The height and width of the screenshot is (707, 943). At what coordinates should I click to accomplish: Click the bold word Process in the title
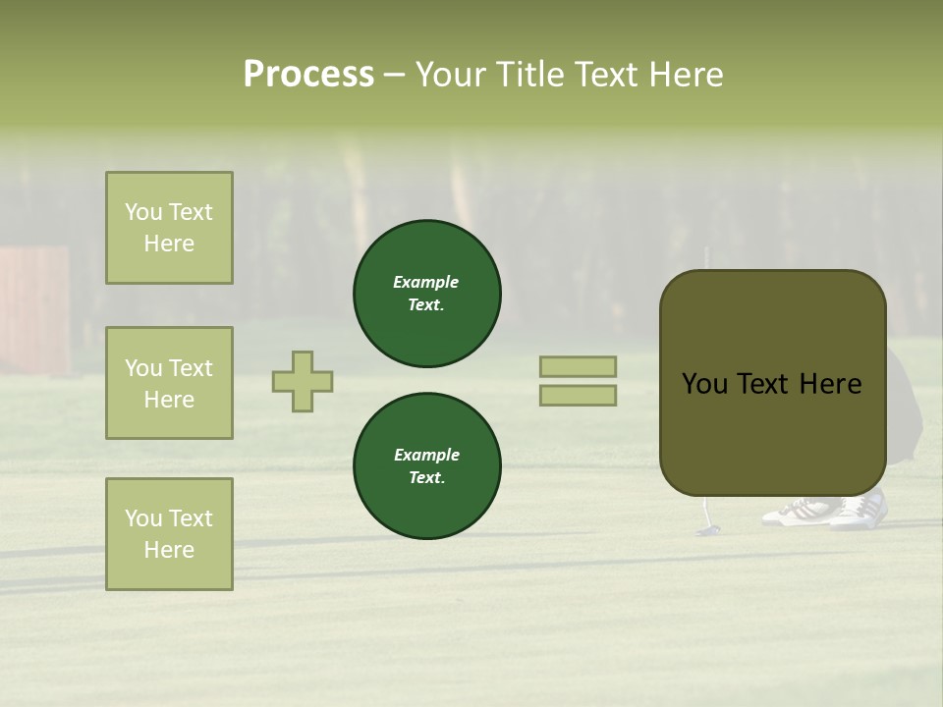(308, 75)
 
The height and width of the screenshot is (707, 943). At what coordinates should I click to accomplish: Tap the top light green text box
(169, 228)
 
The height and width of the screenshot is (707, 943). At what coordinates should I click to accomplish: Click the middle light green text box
(169, 383)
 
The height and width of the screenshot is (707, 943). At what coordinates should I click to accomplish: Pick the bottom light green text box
(169, 534)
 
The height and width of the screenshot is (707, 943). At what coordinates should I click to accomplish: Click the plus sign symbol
(303, 381)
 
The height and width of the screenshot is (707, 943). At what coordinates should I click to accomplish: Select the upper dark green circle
(427, 294)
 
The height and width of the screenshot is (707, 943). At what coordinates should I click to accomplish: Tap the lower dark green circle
(427, 466)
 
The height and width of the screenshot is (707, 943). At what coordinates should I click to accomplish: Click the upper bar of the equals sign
(578, 366)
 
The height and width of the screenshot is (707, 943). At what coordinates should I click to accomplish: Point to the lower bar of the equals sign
(578, 396)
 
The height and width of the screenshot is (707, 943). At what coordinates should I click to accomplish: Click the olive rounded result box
(772, 383)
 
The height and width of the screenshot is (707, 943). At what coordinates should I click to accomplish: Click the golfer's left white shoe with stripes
(799, 512)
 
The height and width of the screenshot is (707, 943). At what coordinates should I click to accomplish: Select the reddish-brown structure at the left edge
(34, 309)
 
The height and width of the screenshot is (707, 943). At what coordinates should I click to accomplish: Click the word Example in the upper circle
(425, 282)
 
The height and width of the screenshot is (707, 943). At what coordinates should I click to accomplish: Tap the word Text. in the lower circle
(427, 477)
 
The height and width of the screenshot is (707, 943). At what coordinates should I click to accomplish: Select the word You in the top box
(143, 212)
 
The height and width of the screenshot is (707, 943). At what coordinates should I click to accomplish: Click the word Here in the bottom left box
(169, 550)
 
